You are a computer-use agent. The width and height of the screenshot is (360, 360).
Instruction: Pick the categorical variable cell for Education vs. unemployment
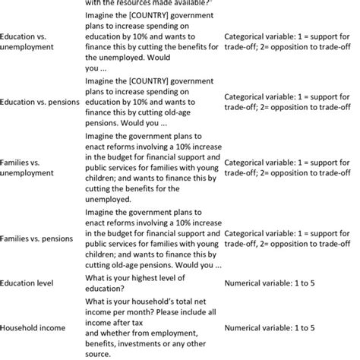[291, 41]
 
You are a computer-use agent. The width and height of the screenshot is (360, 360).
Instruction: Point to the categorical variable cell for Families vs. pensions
[291, 238]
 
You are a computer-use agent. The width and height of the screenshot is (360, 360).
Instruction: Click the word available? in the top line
[189, 3]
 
